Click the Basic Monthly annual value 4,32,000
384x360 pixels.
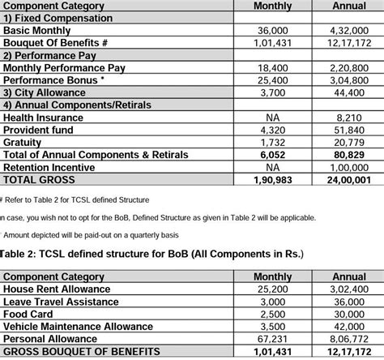(349, 30)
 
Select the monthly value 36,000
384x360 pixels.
(273, 30)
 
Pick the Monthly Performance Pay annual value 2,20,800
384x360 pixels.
(349, 68)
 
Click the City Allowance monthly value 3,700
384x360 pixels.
(273, 93)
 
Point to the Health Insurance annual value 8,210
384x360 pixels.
(349, 118)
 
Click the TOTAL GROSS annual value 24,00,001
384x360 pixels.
(349, 179)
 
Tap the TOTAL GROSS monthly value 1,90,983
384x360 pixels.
(273, 179)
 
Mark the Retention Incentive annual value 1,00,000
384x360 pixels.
(349, 167)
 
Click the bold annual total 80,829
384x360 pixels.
(349, 154)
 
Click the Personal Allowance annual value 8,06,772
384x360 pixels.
(349, 340)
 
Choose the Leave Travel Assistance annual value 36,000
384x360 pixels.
(349, 302)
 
